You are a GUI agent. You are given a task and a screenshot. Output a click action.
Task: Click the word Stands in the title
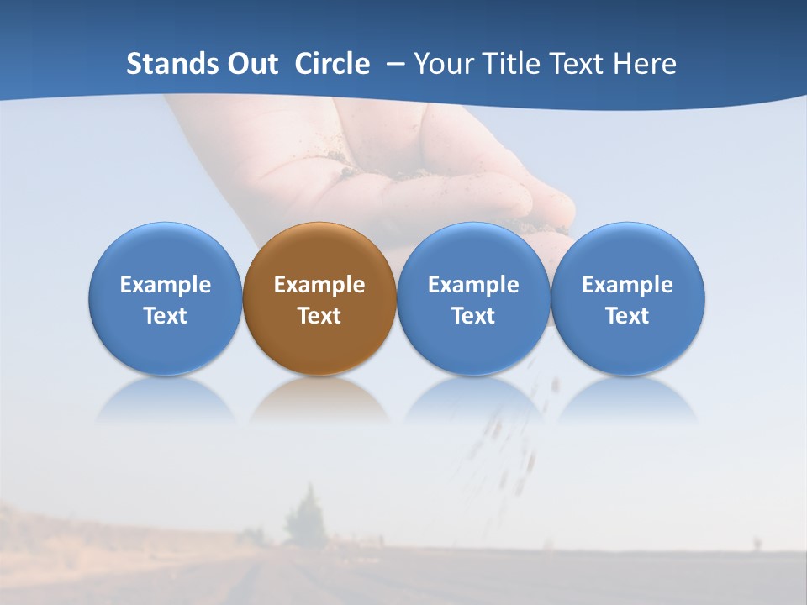172,64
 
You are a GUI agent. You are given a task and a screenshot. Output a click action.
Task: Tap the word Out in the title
252,64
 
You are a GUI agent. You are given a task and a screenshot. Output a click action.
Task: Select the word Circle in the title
332,64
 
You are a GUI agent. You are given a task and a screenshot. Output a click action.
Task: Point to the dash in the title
393,64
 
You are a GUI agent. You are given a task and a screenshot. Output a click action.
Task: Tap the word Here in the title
646,64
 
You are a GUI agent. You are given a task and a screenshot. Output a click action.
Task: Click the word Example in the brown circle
319,285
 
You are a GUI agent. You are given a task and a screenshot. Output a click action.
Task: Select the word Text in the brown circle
319,316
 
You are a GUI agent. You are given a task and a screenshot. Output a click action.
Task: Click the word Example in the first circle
166,285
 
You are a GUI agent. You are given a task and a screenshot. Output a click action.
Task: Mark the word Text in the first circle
166,316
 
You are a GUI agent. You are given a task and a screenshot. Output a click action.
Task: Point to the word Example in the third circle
473,285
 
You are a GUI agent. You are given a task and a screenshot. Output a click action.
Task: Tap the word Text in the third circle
473,316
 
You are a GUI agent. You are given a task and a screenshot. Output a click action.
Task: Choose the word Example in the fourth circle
628,285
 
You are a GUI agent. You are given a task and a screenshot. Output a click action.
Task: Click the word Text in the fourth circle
628,316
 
